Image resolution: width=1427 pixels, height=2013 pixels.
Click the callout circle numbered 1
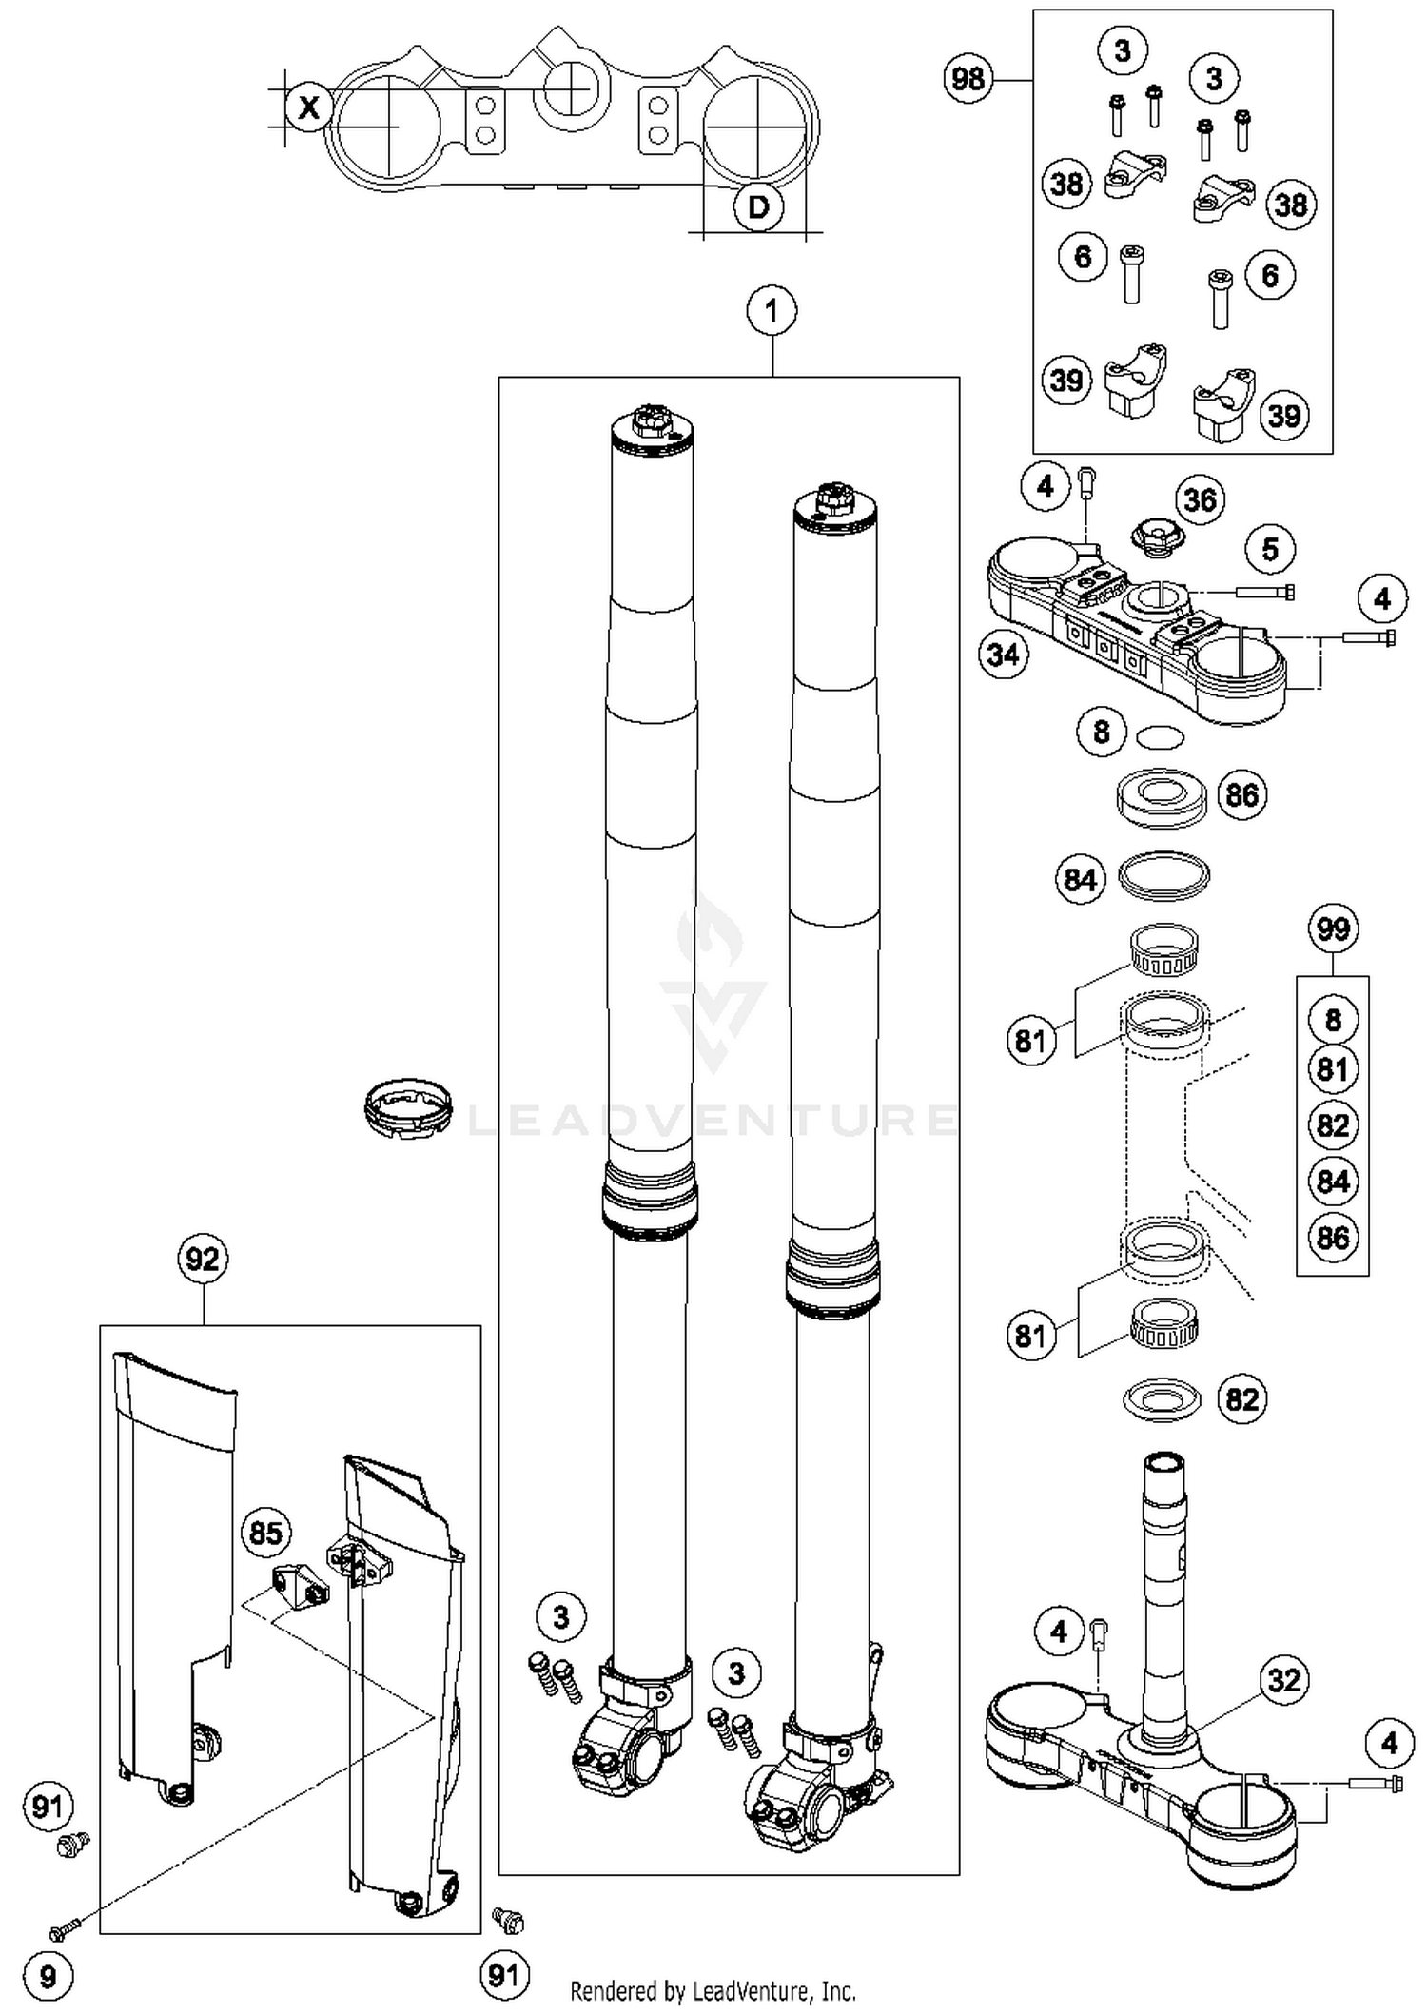coord(772,310)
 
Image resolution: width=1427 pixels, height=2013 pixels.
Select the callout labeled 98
coord(968,78)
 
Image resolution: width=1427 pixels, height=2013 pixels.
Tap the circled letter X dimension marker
coord(309,107)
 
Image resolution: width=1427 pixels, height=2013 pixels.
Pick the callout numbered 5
coord(1270,549)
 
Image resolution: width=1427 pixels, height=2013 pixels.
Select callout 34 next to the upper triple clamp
coord(1004,655)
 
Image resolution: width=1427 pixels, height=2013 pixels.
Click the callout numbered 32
coord(1284,1679)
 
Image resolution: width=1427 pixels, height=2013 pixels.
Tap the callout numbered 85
coord(265,1533)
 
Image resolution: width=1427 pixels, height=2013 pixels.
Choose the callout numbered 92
coord(203,1260)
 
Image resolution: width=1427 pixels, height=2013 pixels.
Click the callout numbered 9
coord(48,1978)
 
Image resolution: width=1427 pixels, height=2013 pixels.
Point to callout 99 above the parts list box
coord(1333,928)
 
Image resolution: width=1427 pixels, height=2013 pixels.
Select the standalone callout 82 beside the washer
coord(1241,1399)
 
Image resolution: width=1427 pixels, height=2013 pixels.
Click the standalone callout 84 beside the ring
coord(1081,879)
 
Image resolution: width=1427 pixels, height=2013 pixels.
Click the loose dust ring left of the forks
coord(407,1107)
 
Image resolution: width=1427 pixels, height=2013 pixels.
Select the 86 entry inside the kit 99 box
coord(1333,1238)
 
